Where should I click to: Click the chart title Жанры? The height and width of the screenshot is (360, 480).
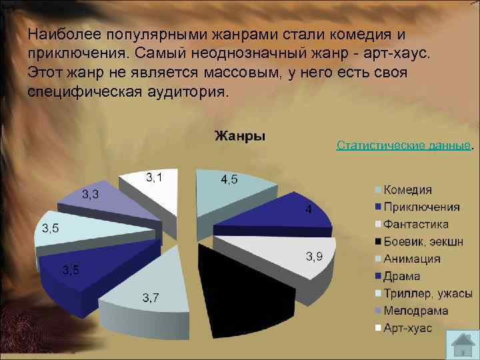(239, 136)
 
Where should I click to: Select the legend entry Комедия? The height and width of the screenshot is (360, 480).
(407, 190)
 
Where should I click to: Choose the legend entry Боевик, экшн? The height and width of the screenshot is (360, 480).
(423, 242)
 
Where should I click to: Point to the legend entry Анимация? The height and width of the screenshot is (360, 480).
(411, 259)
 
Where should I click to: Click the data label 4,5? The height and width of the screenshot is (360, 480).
(229, 179)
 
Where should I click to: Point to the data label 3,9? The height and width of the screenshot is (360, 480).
(315, 257)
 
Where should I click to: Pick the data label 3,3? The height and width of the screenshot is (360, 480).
(91, 195)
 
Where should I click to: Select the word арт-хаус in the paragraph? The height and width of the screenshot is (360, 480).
(401, 53)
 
